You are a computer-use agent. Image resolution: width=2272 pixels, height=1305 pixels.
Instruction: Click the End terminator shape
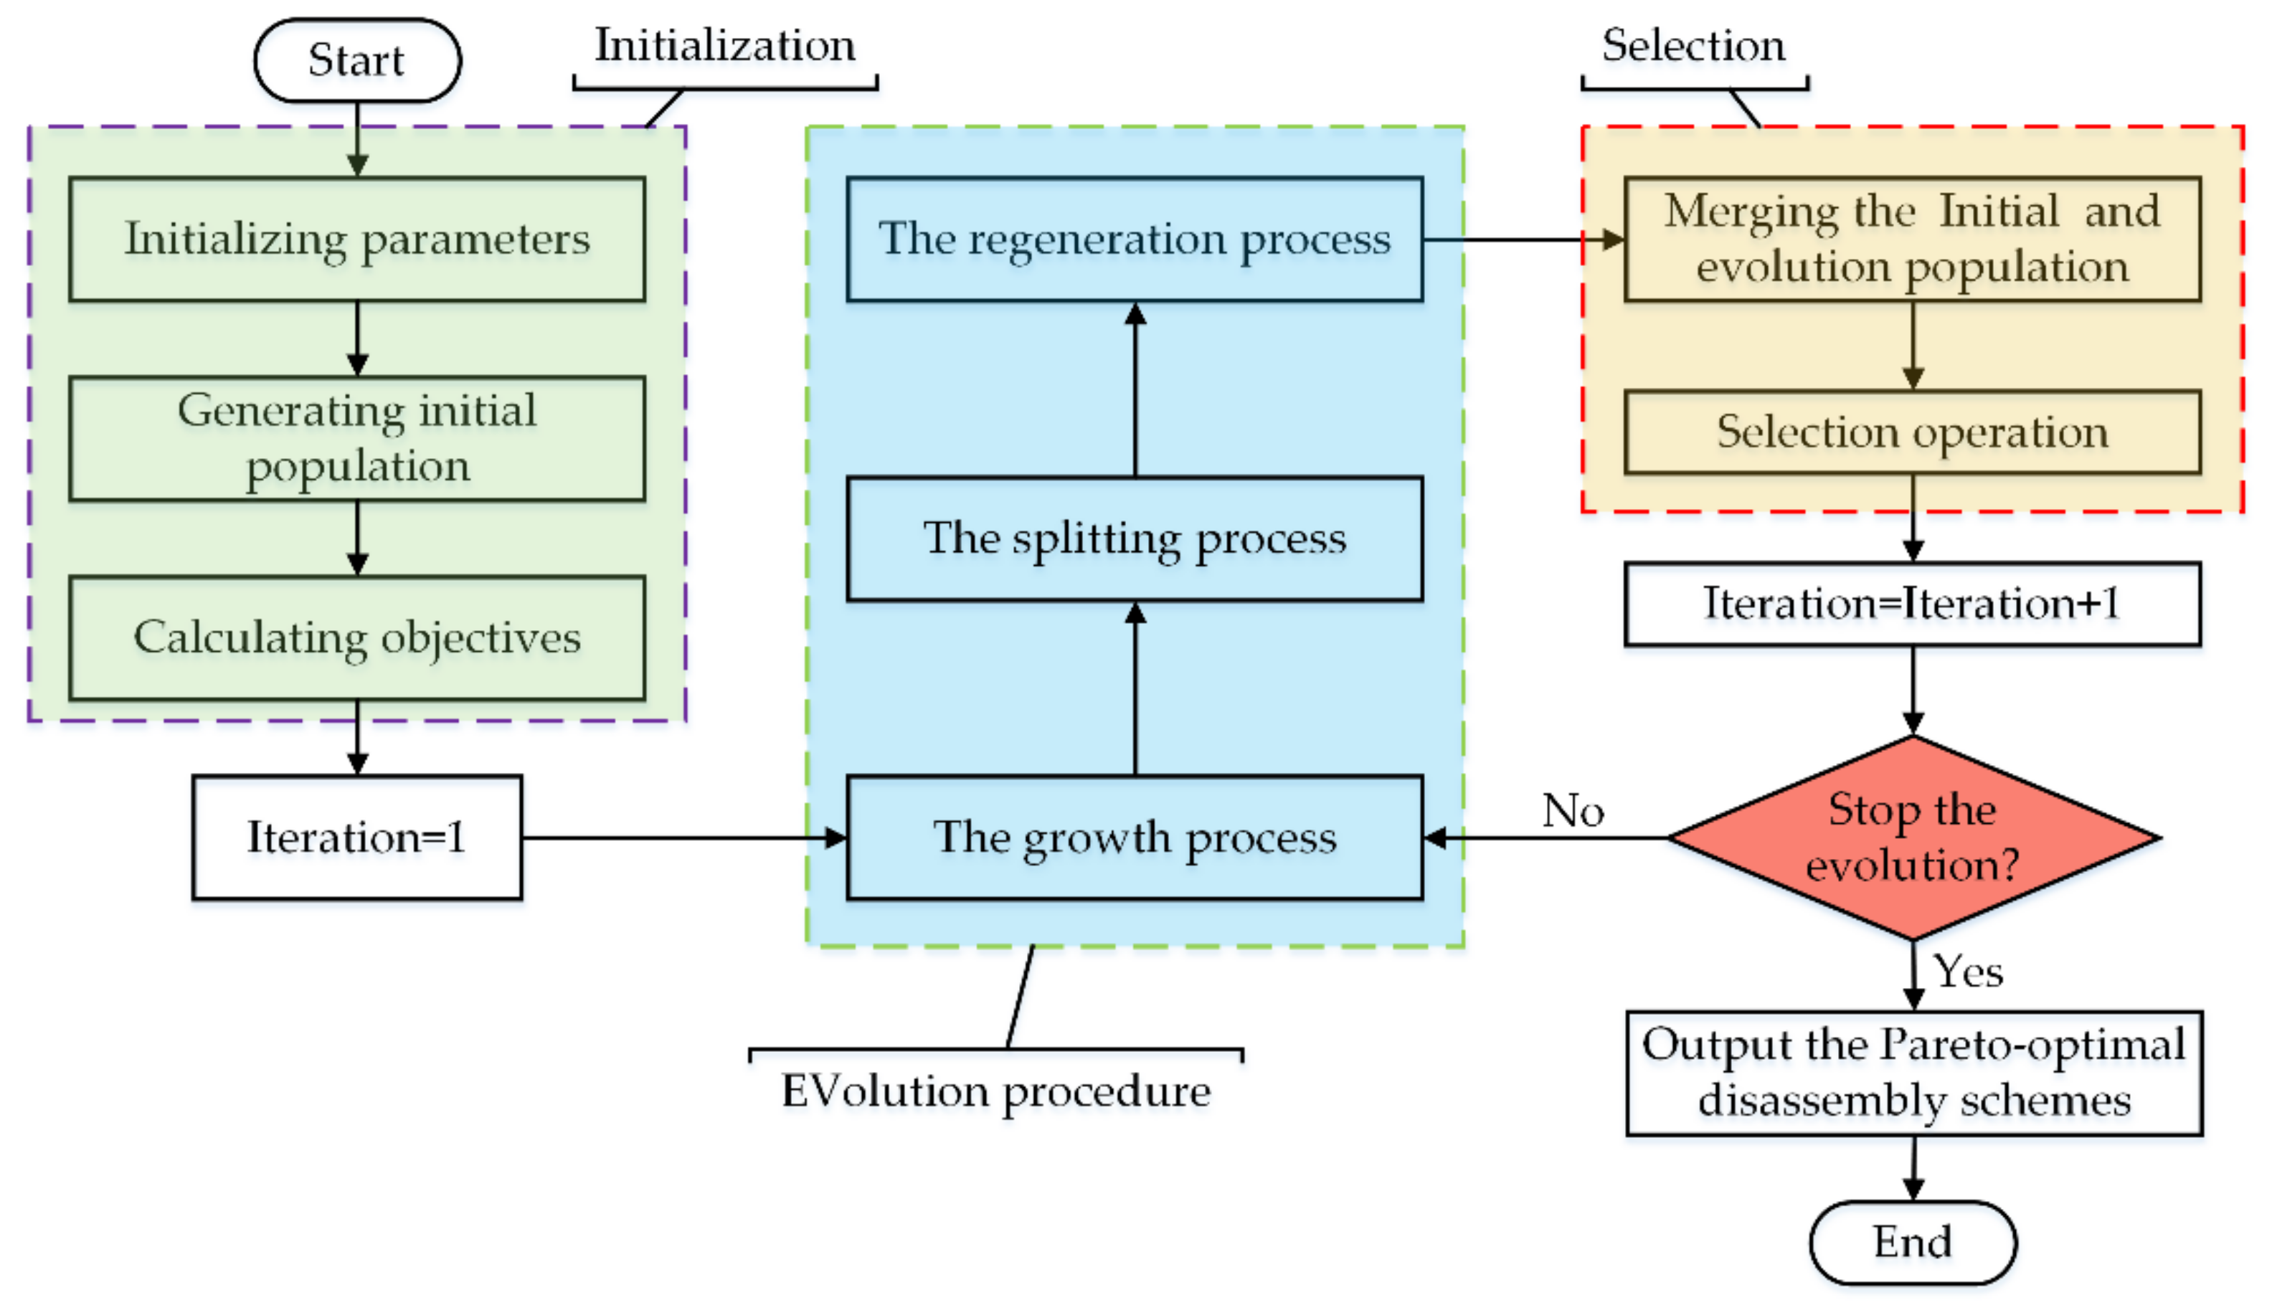coord(1912,1242)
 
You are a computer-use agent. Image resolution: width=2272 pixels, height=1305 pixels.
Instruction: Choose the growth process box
coord(1134,837)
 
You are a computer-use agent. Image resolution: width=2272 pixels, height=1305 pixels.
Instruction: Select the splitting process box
coord(1134,538)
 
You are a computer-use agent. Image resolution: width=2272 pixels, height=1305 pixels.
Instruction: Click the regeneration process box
coord(1134,239)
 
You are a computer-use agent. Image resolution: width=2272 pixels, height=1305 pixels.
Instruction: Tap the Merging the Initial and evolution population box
coord(1912,239)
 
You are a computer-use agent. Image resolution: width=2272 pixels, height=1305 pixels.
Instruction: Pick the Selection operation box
coord(1912,432)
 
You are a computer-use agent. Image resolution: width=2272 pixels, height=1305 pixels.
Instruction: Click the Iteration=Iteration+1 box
coord(1912,603)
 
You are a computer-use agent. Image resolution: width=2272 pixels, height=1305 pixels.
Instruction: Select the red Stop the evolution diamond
coord(1912,837)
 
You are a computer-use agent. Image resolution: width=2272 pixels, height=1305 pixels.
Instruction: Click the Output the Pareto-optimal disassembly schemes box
coord(1913,1073)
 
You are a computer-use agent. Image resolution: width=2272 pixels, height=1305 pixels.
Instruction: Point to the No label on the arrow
coord(1573,810)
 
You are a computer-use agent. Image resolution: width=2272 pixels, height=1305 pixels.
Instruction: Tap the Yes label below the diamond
coord(1967,972)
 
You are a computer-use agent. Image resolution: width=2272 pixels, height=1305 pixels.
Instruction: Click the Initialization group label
coord(725,44)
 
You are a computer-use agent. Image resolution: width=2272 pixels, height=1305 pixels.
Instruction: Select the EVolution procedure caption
coord(995,1091)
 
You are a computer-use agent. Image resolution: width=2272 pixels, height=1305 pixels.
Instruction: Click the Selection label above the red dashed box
coord(1693,44)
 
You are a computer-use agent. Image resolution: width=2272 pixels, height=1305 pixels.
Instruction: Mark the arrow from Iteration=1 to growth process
coord(681,837)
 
